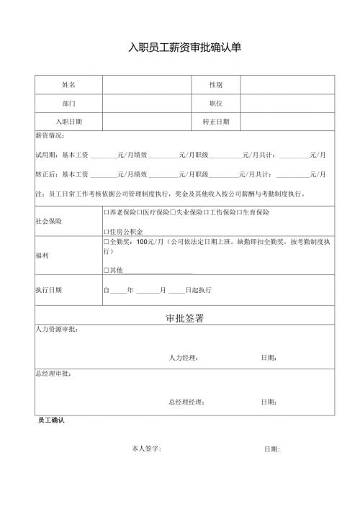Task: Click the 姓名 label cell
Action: pyautogui.click(x=68, y=85)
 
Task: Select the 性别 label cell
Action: pyautogui.click(x=215, y=85)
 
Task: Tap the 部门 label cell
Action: pyautogui.click(x=68, y=104)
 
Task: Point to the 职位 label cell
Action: pyautogui.click(x=215, y=104)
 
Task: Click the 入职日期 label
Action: pyautogui.click(x=68, y=122)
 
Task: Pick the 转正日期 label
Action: pyautogui.click(x=215, y=122)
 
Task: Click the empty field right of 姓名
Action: pyautogui.click(x=147, y=85)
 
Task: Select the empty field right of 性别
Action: pyautogui.click(x=287, y=85)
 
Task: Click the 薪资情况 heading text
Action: pyautogui.click(x=50, y=136)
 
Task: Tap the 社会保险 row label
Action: pyautogui.click(x=48, y=221)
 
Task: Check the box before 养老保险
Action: pyautogui.click(x=107, y=212)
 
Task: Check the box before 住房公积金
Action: pyautogui.click(x=107, y=232)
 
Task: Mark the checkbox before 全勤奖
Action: pyautogui.click(x=107, y=243)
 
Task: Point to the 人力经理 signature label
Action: pyautogui.click(x=184, y=358)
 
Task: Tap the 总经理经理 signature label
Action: pyautogui.click(x=186, y=402)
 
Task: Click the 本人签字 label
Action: pyautogui.click(x=146, y=449)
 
